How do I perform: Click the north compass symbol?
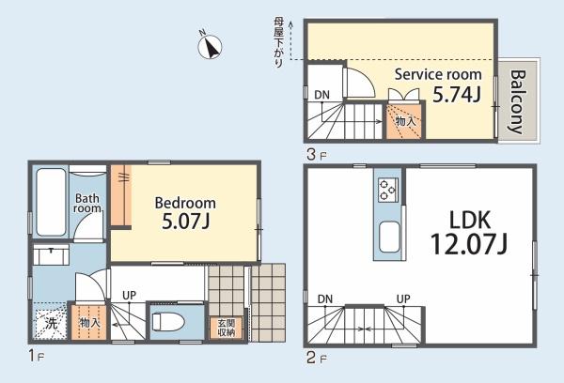click(210, 46)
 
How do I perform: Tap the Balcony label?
click(518, 101)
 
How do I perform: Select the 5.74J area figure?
click(457, 95)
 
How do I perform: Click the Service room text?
click(438, 74)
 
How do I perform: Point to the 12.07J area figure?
click(469, 243)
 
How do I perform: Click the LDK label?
click(470, 220)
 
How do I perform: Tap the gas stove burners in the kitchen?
click(387, 190)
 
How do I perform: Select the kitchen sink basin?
click(389, 237)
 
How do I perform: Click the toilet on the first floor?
click(168, 322)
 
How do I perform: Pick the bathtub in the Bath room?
click(51, 202)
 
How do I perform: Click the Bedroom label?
click(185, 204)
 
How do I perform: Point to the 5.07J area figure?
click(185, 222)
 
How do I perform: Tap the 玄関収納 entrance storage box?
click(227, 328)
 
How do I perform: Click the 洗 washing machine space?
click(51, 323)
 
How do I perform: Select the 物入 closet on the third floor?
click(405, 121)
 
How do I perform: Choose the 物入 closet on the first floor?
click(89, 322)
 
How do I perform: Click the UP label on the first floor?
click(129, 296)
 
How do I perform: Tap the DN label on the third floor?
click(321, 95)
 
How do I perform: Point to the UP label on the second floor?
click(403, 299)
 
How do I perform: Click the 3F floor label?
click(317, 155)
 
